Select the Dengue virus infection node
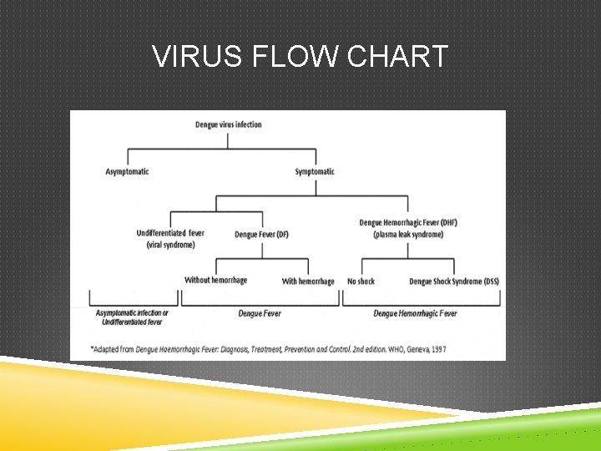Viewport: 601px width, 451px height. [x=229, y=125]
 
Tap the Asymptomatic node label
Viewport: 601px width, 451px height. [x=127, y=172]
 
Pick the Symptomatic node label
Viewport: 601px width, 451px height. [x=315, y=172]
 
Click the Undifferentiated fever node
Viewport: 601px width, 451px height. [x=170, y=233]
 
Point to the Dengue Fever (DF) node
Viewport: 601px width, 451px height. [x=262, y=235]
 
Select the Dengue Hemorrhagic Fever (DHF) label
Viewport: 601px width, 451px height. [x=408, y=223]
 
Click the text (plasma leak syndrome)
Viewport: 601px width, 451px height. [x=408, y=235]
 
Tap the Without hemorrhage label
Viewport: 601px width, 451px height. [x=216, y=281]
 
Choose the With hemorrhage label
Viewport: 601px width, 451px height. [x=308, y=281]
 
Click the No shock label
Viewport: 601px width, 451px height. [x=361, y=281]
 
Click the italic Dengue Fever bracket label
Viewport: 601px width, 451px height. [x=260, y=314]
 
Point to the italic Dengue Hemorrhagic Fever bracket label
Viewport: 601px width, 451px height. [x=415, y=314]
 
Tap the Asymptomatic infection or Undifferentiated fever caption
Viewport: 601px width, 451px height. [x=132, y=317]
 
